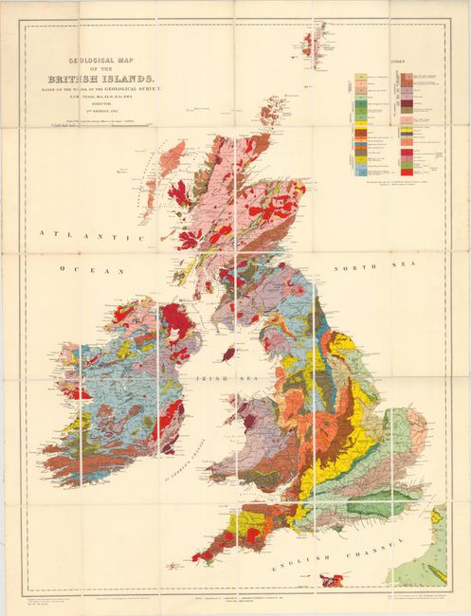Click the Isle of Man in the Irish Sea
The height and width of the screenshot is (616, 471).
point(227,353)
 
